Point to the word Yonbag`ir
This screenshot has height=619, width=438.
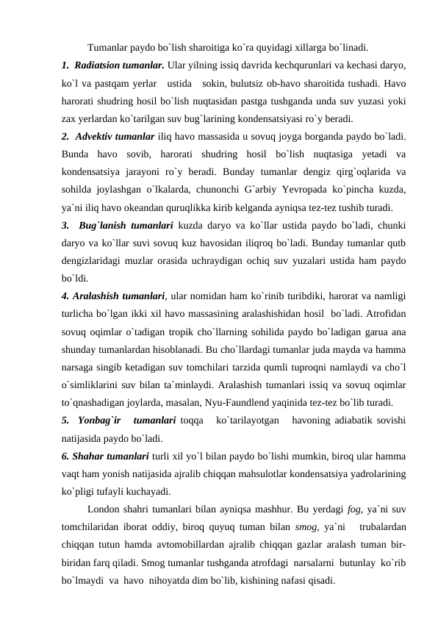[x=99, y=421]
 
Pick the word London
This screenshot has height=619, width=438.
[x=107, y=509]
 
